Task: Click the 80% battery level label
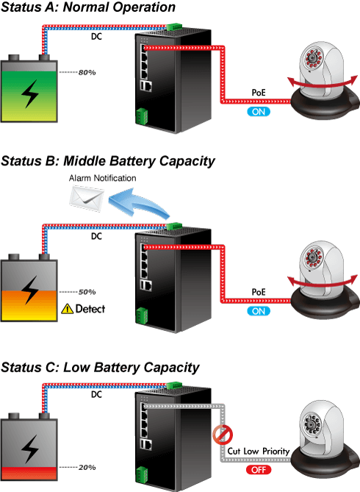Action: (87, 73)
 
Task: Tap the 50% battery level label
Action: (87, 292)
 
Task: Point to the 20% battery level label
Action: (87, 468)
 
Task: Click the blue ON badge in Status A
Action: (259, 112)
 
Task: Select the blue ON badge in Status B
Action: (259, 311)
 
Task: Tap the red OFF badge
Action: (259, 470)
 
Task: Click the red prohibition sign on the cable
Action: (223, 435)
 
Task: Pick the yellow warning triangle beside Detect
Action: (67, 309)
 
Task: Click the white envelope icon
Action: (87, 199)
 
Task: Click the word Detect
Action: (90, 309)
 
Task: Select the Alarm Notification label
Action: (103, 178)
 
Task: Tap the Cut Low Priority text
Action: (259, 452)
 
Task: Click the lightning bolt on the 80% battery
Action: (30, 94)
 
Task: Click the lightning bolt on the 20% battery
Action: (30, 449)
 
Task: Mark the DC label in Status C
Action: (96, 394)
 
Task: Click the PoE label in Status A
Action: (259, 93)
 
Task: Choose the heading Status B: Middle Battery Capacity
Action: (108, 161)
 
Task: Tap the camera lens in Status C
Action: (312, 424)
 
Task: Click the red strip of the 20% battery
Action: (29, 473)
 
